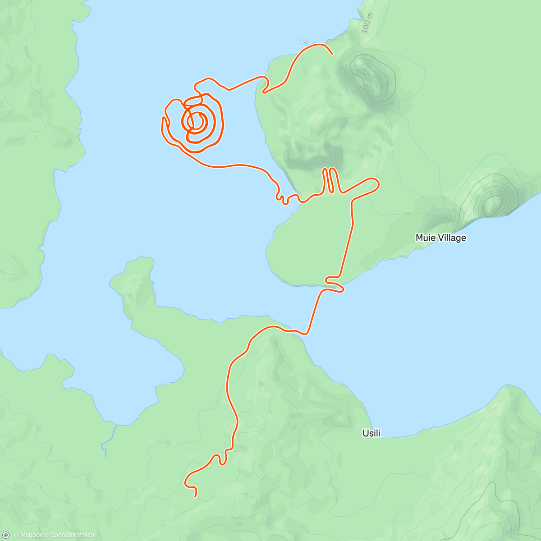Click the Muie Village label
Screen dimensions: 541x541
pyautogui.click(x=440, y=238)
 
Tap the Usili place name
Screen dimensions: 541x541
pyautogui.click(x=371, y=433)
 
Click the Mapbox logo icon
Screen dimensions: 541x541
pyautogui.click(x=6, y=535)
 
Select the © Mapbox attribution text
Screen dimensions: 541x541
pyautogui.click(x=28, y=535)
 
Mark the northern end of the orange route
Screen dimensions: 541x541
pyautogui.click(x=332, y=54)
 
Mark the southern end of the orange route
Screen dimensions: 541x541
pyautogui.click(x=195, y=496)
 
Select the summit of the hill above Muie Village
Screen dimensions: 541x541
pyautogui.click(x=491, y=203)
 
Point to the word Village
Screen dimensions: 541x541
pyautogui.click(x=452, y=238)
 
